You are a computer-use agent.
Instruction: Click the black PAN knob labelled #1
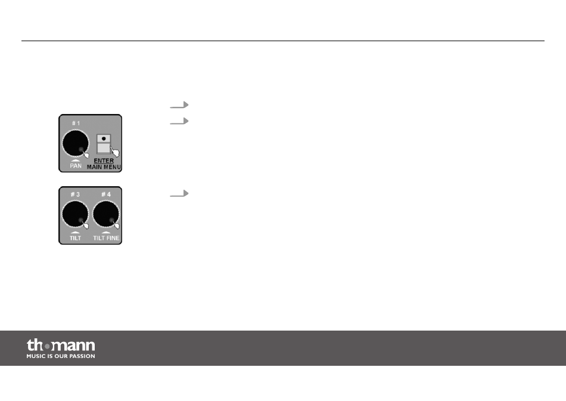click(x=76, y=143)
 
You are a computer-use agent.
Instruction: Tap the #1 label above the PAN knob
click(x=76, y=124)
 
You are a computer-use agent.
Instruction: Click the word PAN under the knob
click(x=76, y=166)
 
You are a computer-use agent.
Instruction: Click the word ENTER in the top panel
click(x=104, y=161)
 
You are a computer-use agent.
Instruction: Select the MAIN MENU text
click(x=104, y=167)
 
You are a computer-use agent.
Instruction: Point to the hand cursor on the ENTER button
click(x=115, y=151)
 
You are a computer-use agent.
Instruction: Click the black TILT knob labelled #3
click(x=76, y=214)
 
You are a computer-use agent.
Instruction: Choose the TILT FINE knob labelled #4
click(x=106, y=214)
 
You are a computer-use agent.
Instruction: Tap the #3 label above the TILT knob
click(x=75, y=195)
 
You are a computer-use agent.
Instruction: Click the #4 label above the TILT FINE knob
click(x=106, y=195)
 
